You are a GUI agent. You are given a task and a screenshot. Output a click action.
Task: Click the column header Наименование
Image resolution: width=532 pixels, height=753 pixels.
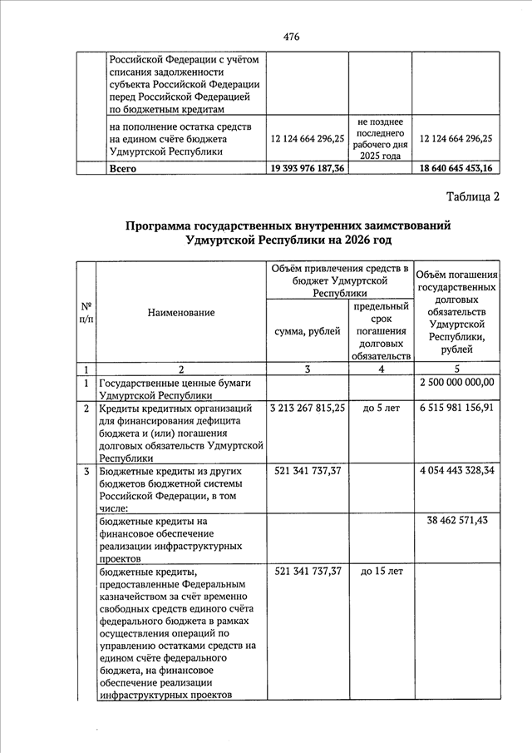tap(181, 312)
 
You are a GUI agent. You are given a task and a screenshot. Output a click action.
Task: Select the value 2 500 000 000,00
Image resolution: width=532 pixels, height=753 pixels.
tap(457, 383)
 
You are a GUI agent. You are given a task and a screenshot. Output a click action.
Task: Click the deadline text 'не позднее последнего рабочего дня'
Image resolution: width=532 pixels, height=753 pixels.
tap(381, 132)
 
